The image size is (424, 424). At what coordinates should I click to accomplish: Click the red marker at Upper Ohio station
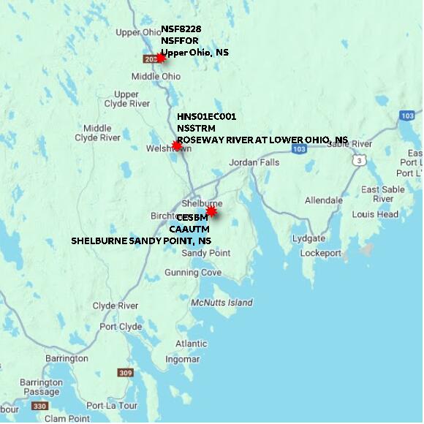pyautogui.click(x=161, y=58)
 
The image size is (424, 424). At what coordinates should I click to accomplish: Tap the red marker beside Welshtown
pyautogui.click(x=176, y=145)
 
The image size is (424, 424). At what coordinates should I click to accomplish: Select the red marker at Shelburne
pyautogui.click(x=211, y=211)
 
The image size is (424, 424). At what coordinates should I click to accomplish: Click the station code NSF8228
pyautogui.click(x=181, y=29)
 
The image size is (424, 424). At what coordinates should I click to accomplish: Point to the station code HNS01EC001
pyautogui.click(x=206, y=116)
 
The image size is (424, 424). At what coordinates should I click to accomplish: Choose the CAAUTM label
pyautogui.click(x=194, y=229)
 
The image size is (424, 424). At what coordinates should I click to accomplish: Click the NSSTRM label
pyautogui.click(x=195, y=128)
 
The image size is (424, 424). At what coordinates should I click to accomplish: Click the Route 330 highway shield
pyautogui.click(x=39, y=406)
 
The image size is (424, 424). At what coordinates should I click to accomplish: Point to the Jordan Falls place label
pyautogui.click(x=254, y=162)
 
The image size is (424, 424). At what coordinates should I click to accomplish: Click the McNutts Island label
pyautogui.click(x=222, y=303)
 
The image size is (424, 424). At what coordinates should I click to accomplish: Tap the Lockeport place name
pyautogui.click(x=320, y=253)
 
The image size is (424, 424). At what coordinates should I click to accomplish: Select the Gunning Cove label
pyautogui.click(x=192, y=273)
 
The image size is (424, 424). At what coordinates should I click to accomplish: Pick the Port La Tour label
pyautogui.click(x=111, y=406)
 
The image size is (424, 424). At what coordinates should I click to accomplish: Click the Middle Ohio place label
pyautogui.click(x=156, y=76)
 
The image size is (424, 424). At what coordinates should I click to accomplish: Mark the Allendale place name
pyautogui.click(x=323, y=200)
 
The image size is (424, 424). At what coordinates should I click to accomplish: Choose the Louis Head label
pyautogui.click(x=375, y=214)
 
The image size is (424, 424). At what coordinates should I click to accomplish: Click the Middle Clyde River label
pyautogui.click(x=97, y=133)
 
